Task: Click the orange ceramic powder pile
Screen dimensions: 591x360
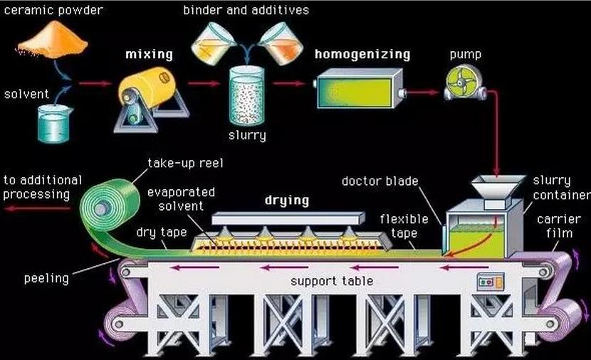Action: pyautogui.click(x=52, y=40)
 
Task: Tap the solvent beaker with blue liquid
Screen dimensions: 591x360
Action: pyautogui.click(x=55, y=124)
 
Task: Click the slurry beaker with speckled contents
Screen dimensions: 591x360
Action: pyautogui.click(x=247, y=95)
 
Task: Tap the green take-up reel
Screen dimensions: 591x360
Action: pyautogui.click(x=110, y=204)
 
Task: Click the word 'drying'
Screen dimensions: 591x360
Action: pyautogui.click(x=287, y=200)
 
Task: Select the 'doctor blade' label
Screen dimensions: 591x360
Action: pyautogui.click(x=380, y=181)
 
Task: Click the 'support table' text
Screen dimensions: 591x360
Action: pyautogui.click(x=332, y=281)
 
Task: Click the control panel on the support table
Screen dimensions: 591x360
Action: pyautogui.click(x=491, y=282)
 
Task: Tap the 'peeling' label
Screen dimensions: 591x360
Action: pyautogui.click(x=46, y=279)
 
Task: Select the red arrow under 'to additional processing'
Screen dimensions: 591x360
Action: pyautogui.click(x=38, y=208)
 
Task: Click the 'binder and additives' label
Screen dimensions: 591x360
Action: pyautogui.click(x=246, y=10)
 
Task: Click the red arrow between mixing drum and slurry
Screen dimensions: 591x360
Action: pyautogui.click(x=204, y=84)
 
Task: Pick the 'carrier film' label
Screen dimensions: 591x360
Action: pyautogui.click(x=559, y=226)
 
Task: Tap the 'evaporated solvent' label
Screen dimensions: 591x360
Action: pyautogui.click(x=181, y=199)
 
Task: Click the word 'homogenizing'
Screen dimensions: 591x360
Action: pyautogui.click(x=362, y=55)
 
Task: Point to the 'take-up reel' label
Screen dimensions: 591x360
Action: pyautogui.click(x=185, y=163)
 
